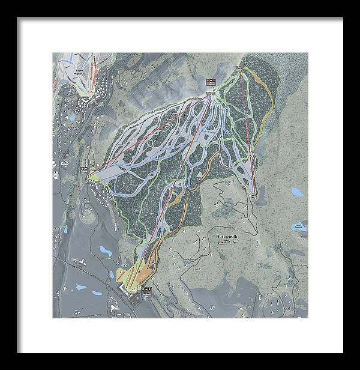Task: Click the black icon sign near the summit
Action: (211, 82)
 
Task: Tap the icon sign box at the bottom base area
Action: (146, 291)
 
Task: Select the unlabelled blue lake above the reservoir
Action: (296, 193)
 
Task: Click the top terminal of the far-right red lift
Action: (241, 71)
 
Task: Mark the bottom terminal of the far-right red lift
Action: (254, 192)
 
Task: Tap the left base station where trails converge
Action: (94, 178)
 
